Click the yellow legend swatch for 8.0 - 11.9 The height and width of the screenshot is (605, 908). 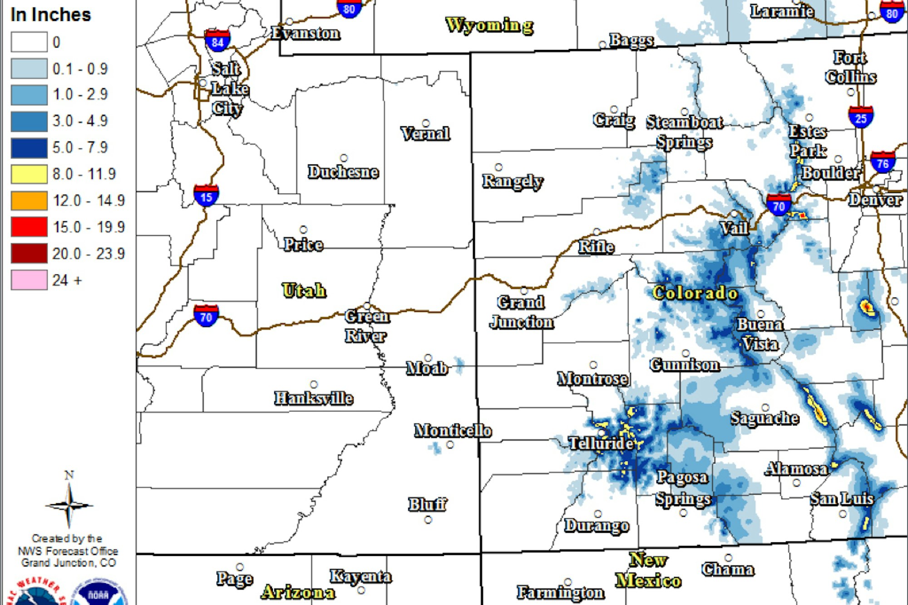(x=29, y=174)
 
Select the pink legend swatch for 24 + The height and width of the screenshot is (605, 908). (x=29, y=280)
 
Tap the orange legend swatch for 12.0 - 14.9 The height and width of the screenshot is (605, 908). (x=29, y=200)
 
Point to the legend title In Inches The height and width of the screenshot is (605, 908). (x=51, y=15)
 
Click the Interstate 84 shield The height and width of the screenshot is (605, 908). (x=217, y=41)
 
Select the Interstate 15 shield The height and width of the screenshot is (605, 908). (x=206, y=196)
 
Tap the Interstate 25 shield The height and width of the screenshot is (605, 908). (x=860, y=117)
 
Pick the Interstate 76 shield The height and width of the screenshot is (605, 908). (x=883, y=163)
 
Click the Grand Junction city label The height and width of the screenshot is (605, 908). (x=522, y=312)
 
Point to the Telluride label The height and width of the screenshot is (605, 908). (x=601, y=443)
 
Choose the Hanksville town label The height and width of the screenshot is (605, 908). (x=314, y=398)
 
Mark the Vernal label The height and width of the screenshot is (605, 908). (x=425, y=134)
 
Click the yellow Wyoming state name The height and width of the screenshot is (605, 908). (x=489, y=25)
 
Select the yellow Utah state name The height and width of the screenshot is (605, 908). (x=304, y=290)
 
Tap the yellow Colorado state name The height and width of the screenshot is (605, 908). (x=695, y=293)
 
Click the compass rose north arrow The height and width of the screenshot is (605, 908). (x=69, y=500)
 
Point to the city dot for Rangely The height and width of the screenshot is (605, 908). (x=498, y=167)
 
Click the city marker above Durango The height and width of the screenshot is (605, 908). (x=598, y=514)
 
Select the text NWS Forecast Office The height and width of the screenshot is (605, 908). (x=68, y=551)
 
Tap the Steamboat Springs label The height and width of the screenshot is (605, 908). (x=684, y=132)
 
